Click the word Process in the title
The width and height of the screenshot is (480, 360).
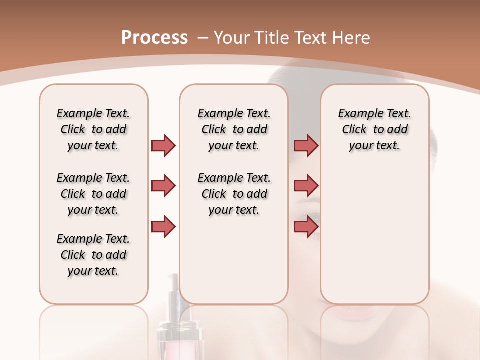pyautogui.click(x=154, y=38)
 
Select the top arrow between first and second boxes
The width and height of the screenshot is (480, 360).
pyautogui.click(x=163, y=145)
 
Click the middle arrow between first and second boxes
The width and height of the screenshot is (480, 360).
pyautogui.click(x=163, y=186)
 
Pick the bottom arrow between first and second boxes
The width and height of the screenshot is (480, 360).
pyautogui.click(x=163, y=226)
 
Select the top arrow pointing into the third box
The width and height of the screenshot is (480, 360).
pyautogui.click(x=306, y=145)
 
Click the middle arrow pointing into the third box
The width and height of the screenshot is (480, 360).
pyautogui.click(x=306, y=186)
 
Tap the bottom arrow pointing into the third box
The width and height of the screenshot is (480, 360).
pyautogui.click(x=306, y=226)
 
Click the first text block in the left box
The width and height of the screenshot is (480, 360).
pyautogui.click(x=93, y=129)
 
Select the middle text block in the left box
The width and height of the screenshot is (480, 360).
pyautogui.click(x=93, y=194)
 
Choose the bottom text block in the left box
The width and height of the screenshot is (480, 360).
pyautogui.click(x=93, y=255)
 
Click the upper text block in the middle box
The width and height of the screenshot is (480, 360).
pyautogui.click(x=234, y=129)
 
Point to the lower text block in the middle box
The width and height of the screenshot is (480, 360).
pyautogui.click(x=234, y=194)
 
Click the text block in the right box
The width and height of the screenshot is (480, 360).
pyautogui.click(x=374, y=129)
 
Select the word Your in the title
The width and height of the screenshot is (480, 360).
pyautogui.click(x=232, y=38)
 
